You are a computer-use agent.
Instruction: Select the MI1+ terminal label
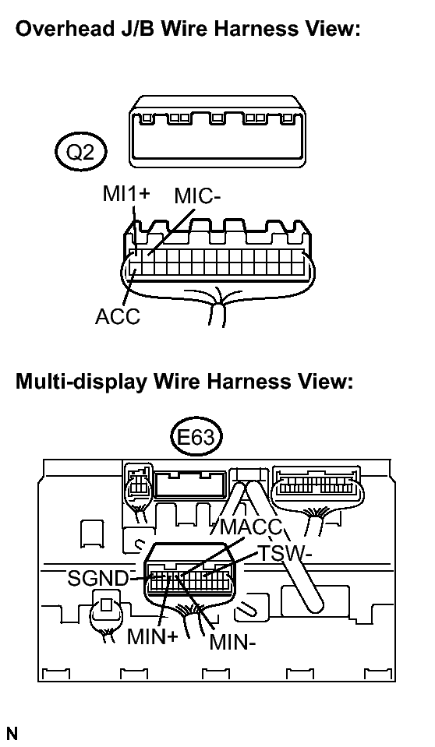tap(126, 193)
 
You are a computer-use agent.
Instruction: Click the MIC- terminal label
tap(197, 196)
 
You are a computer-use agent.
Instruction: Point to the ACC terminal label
tap(118, 315)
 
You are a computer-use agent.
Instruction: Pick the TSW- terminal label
tap(285, 554)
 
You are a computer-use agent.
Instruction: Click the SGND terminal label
tap(98, 578)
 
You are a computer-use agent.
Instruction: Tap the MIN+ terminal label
tap(152, 636)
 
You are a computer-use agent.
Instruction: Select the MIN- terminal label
tap(233, 643)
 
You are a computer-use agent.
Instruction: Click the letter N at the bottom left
tap(12, 734)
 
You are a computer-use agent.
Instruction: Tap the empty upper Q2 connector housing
tap(217, 132)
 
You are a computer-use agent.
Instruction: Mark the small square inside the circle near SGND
tap(106, 605)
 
